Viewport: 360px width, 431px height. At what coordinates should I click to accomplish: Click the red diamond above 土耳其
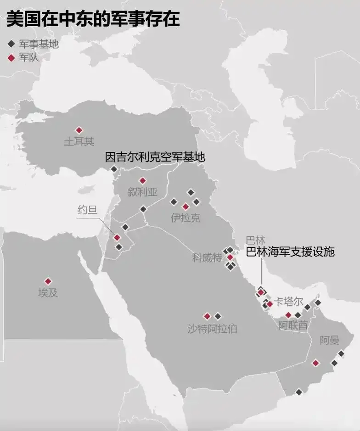[79, 130]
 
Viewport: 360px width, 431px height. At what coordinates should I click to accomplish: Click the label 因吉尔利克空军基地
[155, 157]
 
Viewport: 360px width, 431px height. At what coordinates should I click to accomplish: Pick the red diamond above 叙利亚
[142, 180]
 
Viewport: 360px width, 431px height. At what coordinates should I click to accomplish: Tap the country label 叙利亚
[142, 192]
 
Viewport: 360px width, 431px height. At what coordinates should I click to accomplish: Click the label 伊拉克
[186, 218]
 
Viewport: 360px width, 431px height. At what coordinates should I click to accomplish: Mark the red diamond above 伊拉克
[186, 207]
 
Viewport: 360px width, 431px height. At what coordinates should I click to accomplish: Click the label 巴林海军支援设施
[290, 252]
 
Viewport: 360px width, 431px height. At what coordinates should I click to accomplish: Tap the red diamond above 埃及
[48, 281]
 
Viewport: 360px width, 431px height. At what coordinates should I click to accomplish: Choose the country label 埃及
[48, 293]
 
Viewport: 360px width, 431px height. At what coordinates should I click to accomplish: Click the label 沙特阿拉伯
[212, 329]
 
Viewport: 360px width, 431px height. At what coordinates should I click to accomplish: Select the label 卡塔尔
[288, 302]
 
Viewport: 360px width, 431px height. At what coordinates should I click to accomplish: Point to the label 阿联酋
[293, 326]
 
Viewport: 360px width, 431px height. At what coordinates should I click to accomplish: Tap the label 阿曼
[329, 341]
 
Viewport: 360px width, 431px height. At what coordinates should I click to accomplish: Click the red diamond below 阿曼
[315, 363]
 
